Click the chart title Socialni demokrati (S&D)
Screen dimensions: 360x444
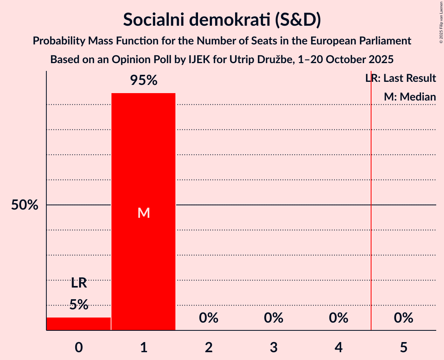coord(222,19)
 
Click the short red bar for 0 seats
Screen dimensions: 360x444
coord(79,324)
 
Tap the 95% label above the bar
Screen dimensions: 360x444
coord(143,81)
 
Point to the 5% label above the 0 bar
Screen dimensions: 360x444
coord(79,305)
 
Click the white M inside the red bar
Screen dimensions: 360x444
coord(143,213)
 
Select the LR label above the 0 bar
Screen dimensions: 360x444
coord(79,283)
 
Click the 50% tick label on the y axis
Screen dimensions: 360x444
coord(25,205)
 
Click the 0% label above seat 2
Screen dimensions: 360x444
coord(209,318)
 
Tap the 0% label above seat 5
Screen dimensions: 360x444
coord(403,318)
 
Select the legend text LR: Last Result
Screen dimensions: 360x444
coord(401,78)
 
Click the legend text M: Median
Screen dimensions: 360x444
coord(410,97)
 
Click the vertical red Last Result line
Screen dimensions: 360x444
coord(371,234)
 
